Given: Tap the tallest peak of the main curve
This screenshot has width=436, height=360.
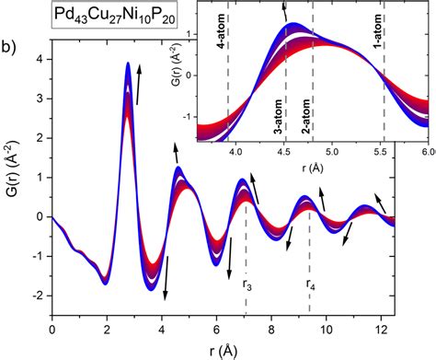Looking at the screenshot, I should click(128, 64).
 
